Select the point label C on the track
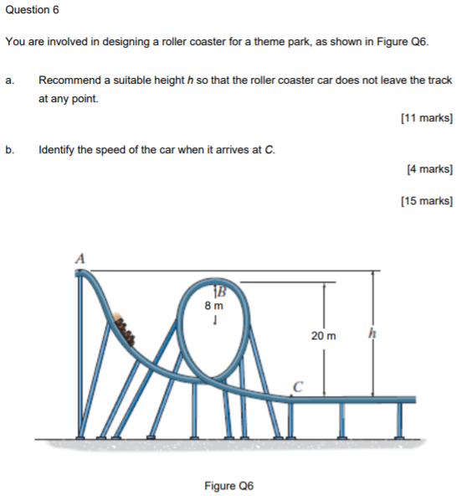pyautogui.click(x=298, y=386)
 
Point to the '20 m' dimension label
pyautogui.click(x=323, y=336)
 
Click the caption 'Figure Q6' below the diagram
pyautogui.click(x=228, y=485)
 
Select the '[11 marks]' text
pyautogui.click(x=427, y=118)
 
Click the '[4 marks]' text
pyautogui.click(x=429, y=169)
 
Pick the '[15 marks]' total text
pyautogui.click(x=427, y=201)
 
